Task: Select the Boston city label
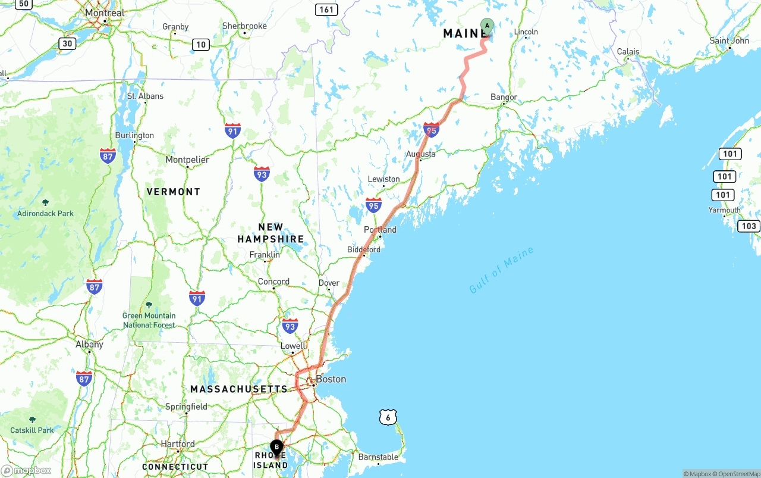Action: pos(331,379)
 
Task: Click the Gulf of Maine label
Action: pos(501,270)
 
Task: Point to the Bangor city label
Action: pos(504,97)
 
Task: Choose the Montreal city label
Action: pos(105,13)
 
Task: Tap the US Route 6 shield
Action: pos(388,418)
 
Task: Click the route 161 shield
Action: pos(326,10)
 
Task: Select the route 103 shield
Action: pos(749,226)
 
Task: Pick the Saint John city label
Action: pos(729,40)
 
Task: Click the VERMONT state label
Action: pos(174,192)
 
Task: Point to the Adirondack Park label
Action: pos(45,213)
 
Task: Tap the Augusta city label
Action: pos(420,154)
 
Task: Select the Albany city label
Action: pos(89,344)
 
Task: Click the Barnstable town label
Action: pos(378,457)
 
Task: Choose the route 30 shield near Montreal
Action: pos(67,43)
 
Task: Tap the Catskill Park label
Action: pos(32,430)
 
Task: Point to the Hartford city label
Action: pos(177,444)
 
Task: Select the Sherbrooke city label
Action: pos(244,26)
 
